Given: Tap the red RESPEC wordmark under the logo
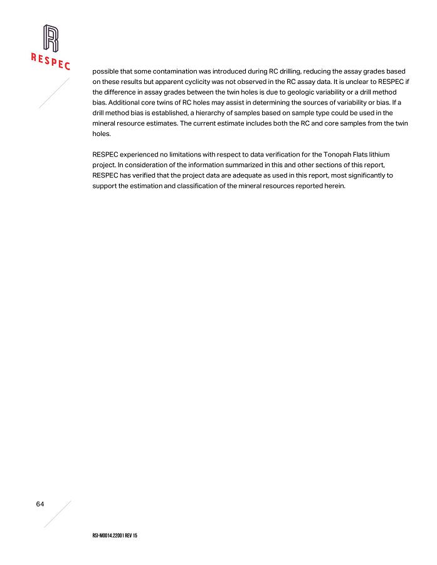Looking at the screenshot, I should tap(51, 61).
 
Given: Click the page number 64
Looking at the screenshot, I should tap(40, 504).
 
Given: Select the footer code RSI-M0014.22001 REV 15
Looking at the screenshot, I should tap(115, 537).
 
